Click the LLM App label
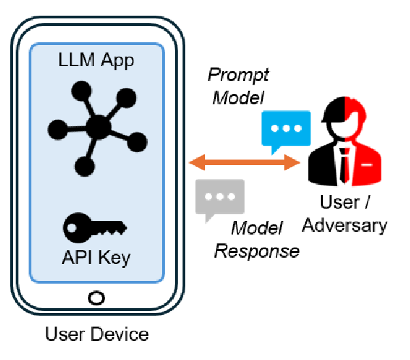[96, 60]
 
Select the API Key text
[96, 258]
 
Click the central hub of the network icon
[99, 125]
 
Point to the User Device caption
[96, 334]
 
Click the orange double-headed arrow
[246, 163]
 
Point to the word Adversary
[344, 225]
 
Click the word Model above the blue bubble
[238, 97]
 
